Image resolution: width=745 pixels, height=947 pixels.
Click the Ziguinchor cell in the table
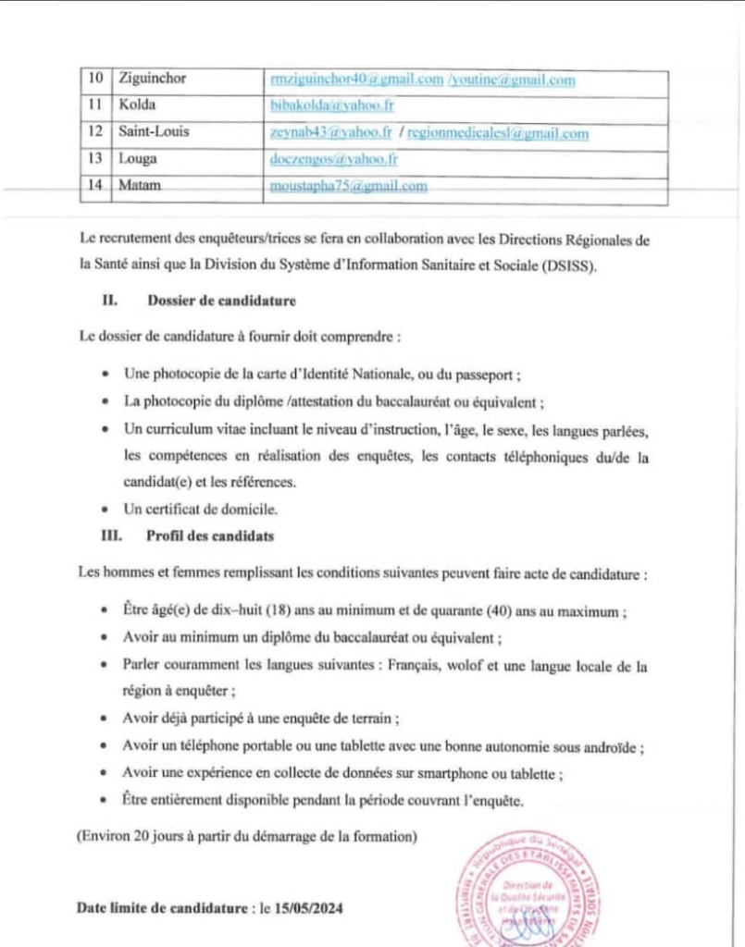point(153,79)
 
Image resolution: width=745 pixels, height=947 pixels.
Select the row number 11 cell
point(94,105)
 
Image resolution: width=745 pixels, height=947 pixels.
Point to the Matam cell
point(140,186)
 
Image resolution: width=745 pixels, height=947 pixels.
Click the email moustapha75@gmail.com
point(348,186)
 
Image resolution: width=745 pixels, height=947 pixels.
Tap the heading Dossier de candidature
point(220,301)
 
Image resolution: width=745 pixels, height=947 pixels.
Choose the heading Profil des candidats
point(209,535)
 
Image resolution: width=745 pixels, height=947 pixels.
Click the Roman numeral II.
point(108,301)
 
